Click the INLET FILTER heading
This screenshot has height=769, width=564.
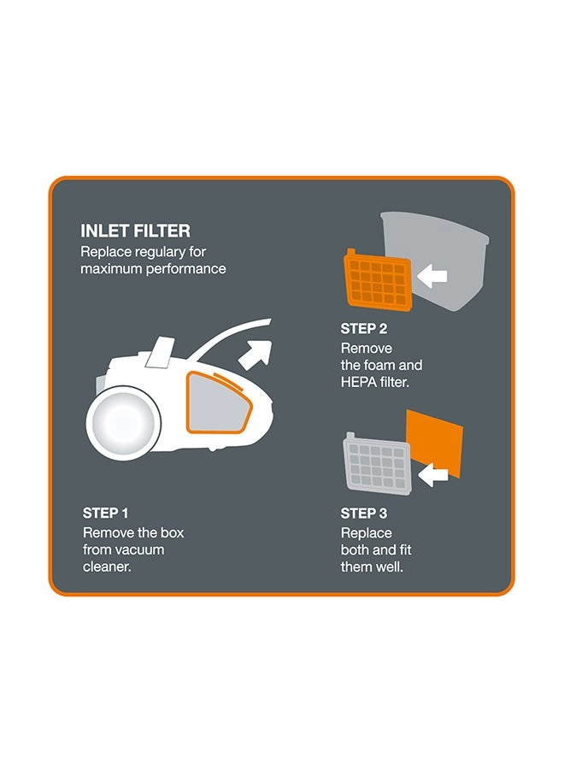click(x=135, y=231)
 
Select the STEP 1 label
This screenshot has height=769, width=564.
click(x=105, y=513)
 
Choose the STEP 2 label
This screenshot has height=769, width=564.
click(x=364, y=329)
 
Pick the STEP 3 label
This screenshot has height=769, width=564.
click(x=364, y=513)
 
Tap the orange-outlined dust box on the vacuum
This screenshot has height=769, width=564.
click(x=219, y=402)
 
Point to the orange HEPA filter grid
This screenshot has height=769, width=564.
click(x=378, y=280)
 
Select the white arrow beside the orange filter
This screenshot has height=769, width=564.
click(x=432, y=276)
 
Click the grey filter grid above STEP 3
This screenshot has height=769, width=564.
click(x=377, y=464)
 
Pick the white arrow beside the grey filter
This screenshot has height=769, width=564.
click(x=433, y=475)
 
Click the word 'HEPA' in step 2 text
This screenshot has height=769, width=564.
click(x=357, y=382)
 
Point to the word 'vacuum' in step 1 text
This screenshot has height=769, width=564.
click(x=139, y=549)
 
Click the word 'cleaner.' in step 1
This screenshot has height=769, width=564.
click(x=107, y=567)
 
